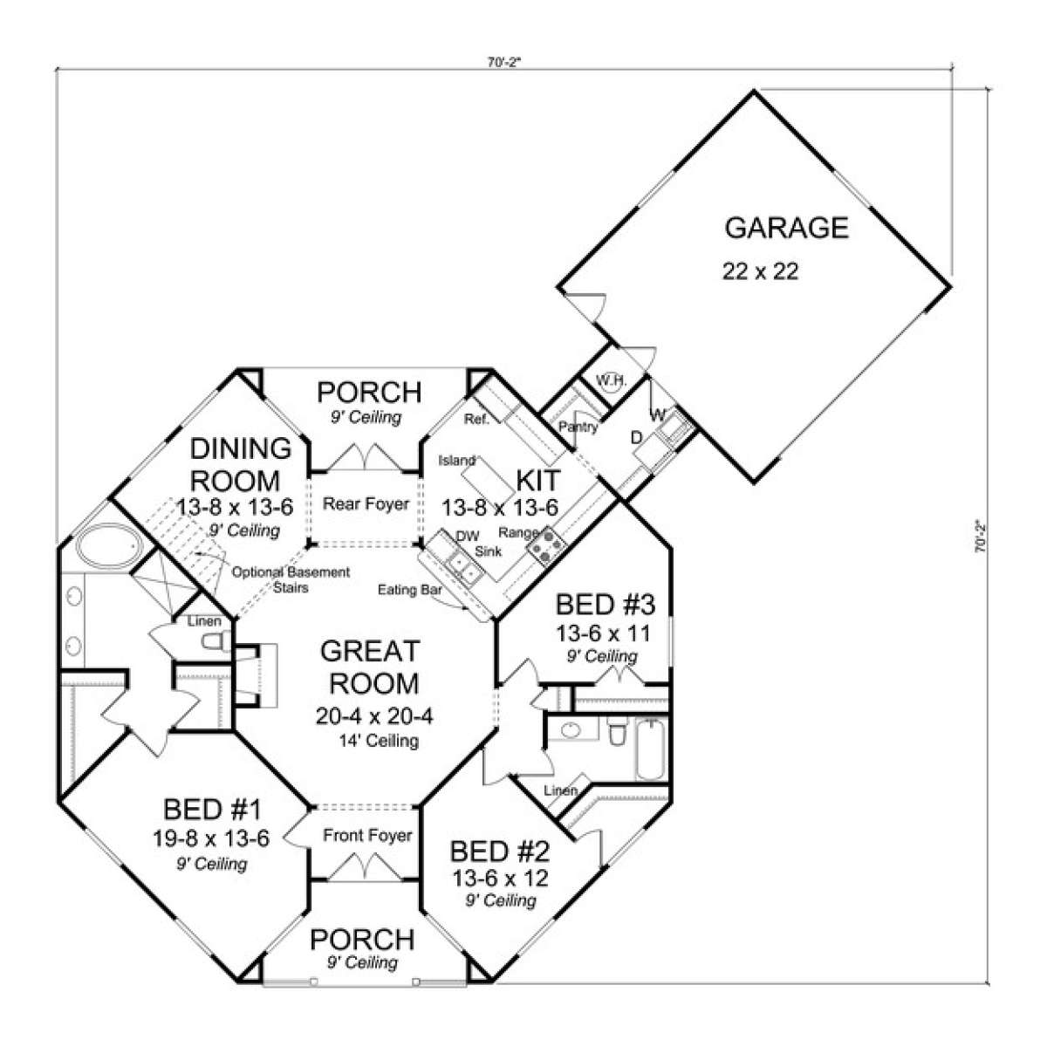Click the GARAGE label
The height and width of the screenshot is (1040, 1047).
point(786,228)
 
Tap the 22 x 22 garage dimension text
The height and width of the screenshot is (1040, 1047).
point(760,271)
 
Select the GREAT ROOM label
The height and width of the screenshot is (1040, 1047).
point(371,667)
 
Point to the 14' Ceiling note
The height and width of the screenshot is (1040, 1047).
point(379,741)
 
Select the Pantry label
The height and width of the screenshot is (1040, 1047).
point(578,427)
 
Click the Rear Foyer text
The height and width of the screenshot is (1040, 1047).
point(366,503)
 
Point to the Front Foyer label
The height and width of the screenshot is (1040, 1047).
point(367,835)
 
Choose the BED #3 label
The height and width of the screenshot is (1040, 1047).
point(606,605)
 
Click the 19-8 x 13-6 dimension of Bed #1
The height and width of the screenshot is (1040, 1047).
point(211,838)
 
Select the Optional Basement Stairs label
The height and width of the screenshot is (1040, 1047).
point(291,580)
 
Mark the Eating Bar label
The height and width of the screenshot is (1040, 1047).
point(410,590)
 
